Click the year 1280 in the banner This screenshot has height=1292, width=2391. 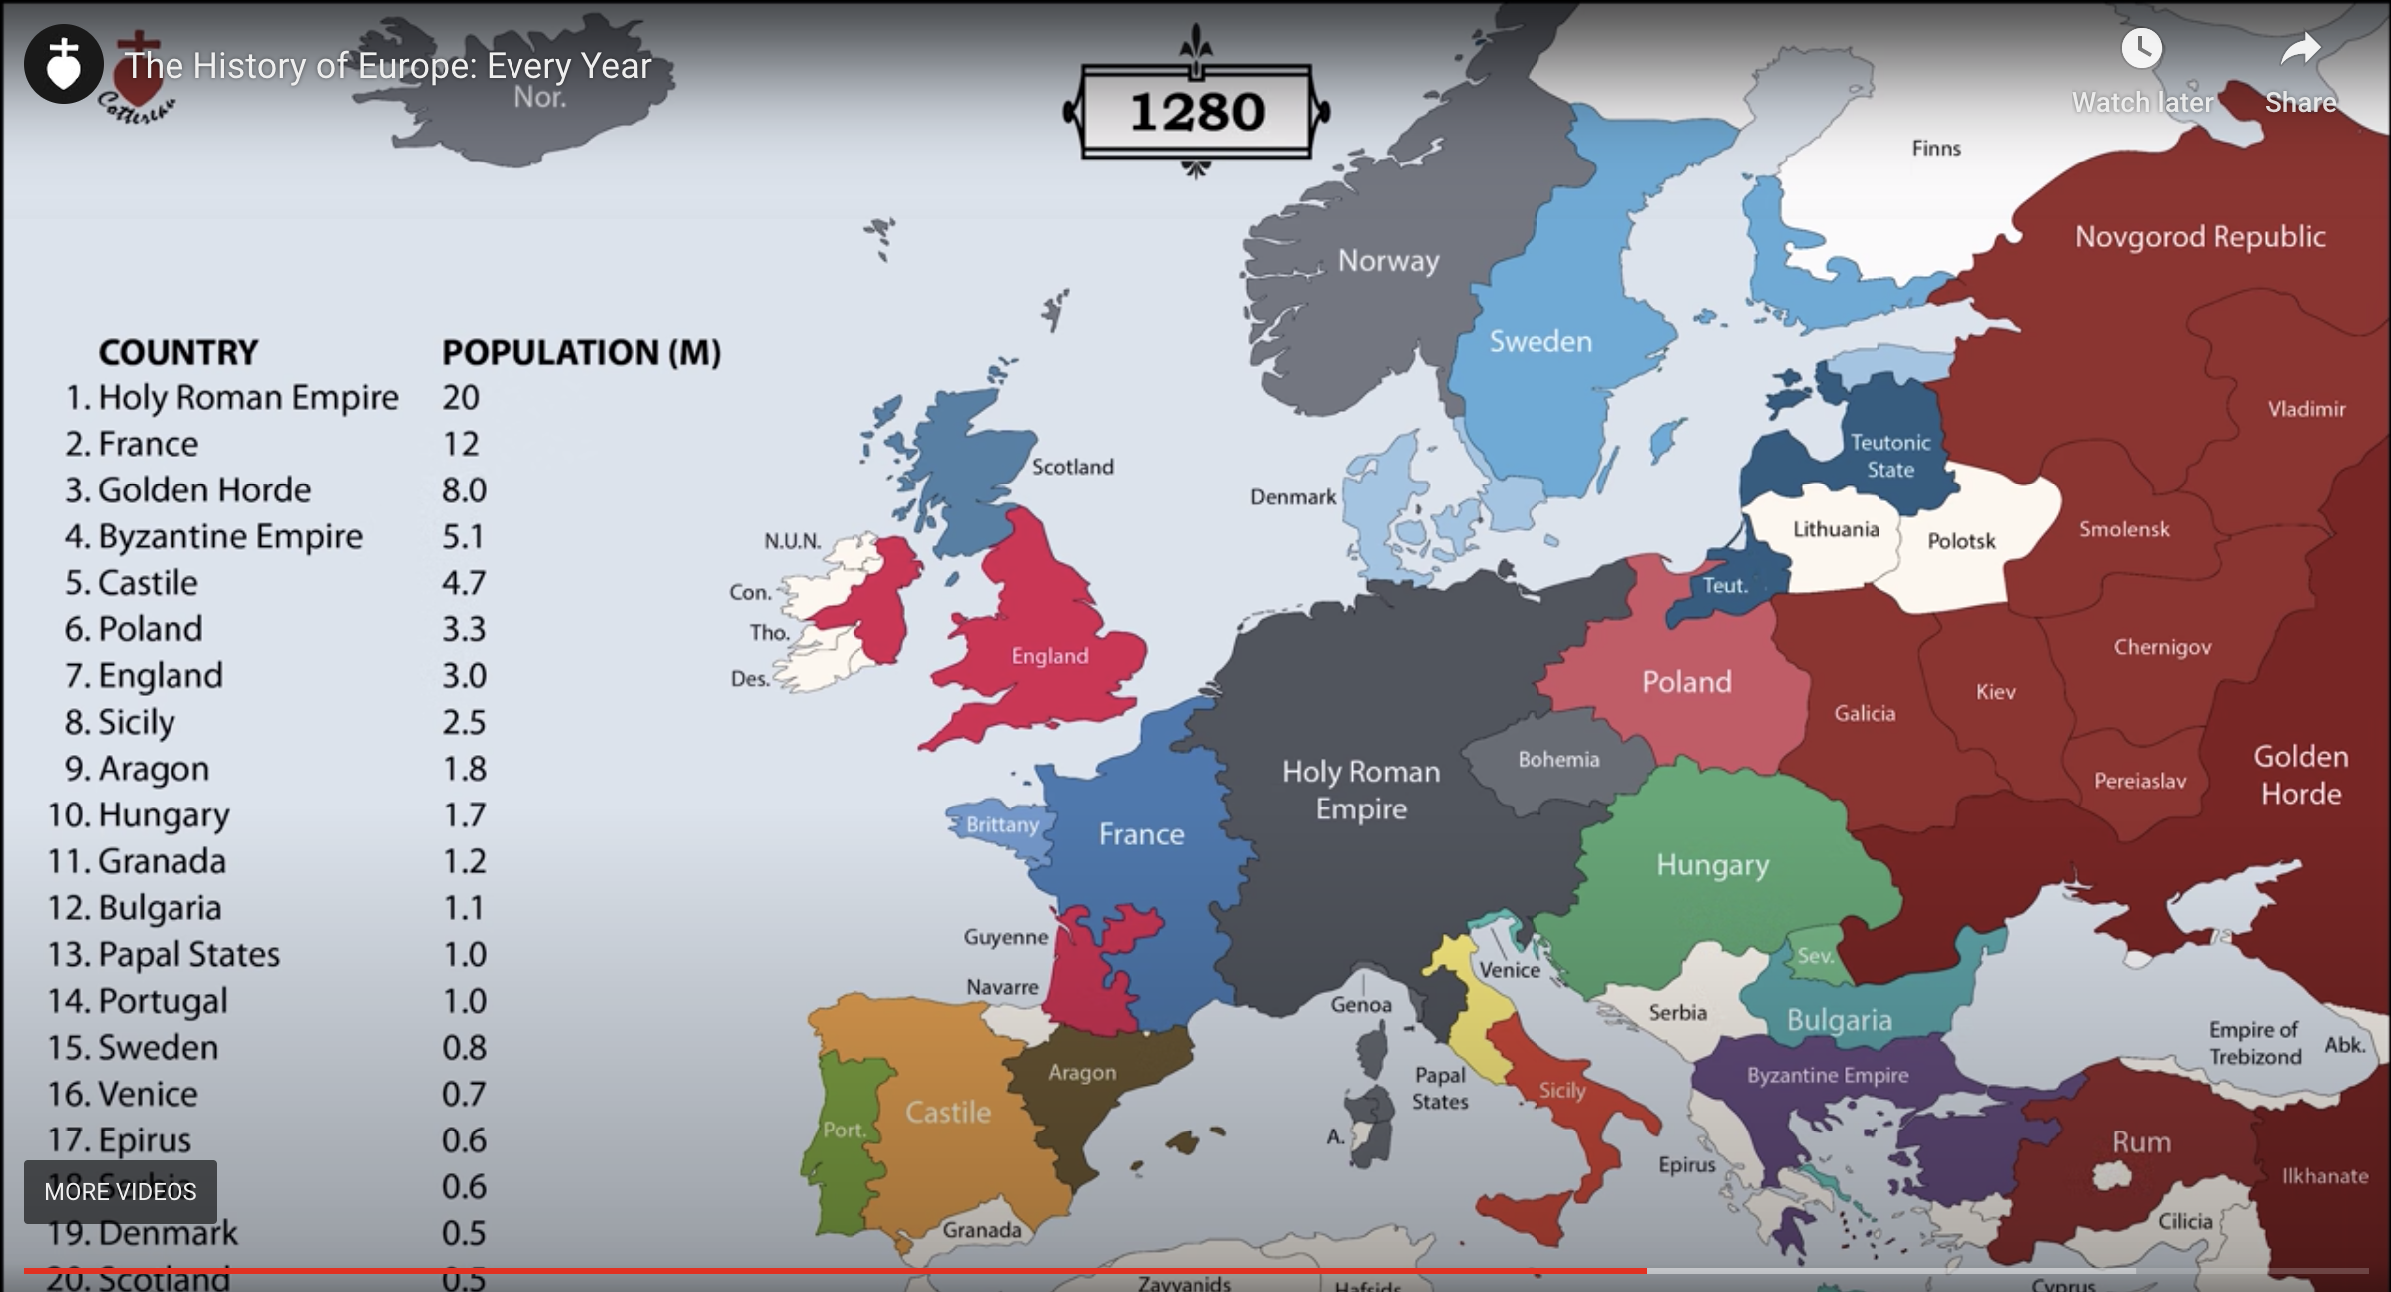1196,112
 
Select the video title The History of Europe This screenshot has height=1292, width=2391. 387,66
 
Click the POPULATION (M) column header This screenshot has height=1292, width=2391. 580,353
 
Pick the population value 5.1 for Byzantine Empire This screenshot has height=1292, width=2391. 464,537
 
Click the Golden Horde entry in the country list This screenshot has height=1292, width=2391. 203,490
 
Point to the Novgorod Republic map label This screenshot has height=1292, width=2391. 2200,237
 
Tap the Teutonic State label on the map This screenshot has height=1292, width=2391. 1890,456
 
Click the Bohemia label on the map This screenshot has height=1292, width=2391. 1558,760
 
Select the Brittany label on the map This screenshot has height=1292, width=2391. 1002,825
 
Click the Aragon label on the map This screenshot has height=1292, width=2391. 1081,1073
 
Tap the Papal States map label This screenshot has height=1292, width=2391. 1439,1088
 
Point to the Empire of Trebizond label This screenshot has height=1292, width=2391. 2254,1043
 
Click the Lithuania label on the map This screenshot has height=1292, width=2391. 1835,530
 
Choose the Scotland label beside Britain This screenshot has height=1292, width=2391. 1072,467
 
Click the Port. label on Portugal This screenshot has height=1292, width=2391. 844,1130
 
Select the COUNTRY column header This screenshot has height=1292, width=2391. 177,353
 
